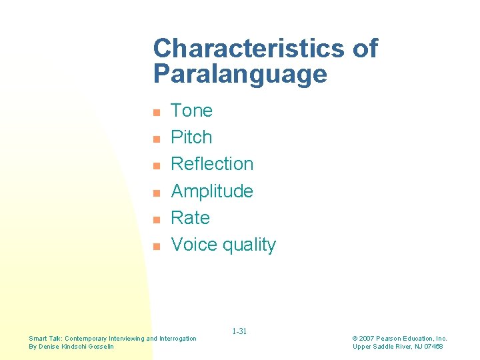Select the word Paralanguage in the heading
(240, 74)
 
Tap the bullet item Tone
(191, 111)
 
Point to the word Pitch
(191, 137)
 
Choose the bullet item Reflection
(212, 164)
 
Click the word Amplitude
(212, 191)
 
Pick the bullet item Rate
(190, 218)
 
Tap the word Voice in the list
(194, 245)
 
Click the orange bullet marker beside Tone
(155, 112)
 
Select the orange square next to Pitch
(155, 139)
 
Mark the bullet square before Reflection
(155, 165)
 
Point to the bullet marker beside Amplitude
(155, 193)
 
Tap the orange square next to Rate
(155, 219)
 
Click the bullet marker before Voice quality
(155, 246)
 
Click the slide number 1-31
(239, 331)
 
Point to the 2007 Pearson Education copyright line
(399, 339)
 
